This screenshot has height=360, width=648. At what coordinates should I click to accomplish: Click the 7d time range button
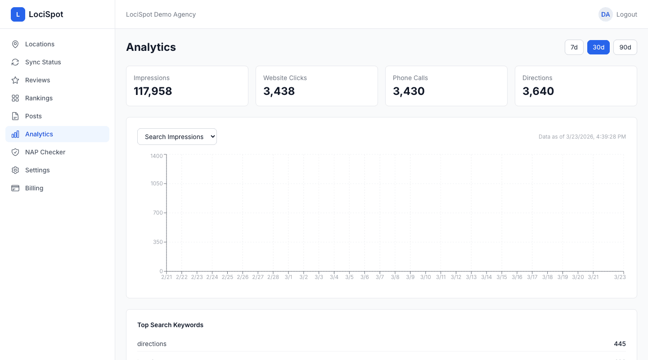[574, 47]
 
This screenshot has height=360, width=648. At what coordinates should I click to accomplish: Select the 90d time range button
[625, 47]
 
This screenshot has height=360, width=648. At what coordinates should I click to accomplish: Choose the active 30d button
[598, 47]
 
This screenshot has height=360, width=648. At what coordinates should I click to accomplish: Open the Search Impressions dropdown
[177, 137]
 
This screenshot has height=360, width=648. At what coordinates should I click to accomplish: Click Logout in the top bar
[626, 14]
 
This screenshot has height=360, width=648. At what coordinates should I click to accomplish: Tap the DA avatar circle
[605, 14]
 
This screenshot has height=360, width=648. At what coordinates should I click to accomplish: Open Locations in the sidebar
[40, 44]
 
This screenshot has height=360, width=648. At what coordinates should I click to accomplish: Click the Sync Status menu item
[43, 62]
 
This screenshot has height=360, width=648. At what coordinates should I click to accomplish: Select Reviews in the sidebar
[37, 80]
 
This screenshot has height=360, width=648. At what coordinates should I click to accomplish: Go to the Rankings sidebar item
[39, 98]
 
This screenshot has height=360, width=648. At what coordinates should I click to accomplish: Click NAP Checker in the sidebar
[45, 152]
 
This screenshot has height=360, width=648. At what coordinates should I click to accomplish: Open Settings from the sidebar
[37, 170]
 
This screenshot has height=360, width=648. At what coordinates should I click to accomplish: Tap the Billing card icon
[15, 188]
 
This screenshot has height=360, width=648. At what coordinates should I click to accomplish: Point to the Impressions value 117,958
[153, 91]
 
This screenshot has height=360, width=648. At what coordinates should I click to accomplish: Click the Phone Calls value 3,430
[409, 91]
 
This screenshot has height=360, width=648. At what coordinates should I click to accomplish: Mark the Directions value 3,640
[538, 91]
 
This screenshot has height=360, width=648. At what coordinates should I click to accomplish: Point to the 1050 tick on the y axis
[157, 184]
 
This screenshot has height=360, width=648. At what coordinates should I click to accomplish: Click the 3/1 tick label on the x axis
[288, 277]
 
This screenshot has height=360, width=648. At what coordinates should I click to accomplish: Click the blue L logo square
[18, 14]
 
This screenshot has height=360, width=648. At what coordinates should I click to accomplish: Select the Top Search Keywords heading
[170, 325]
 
